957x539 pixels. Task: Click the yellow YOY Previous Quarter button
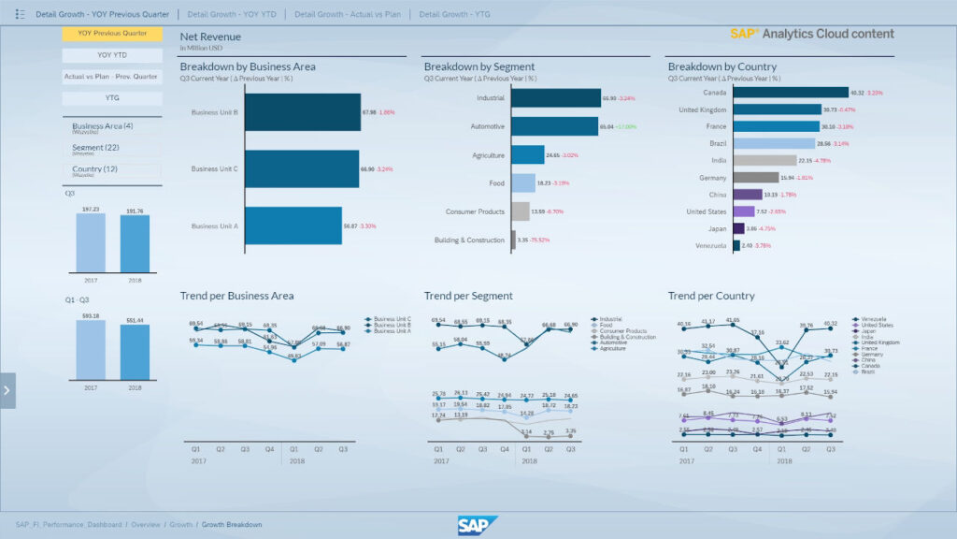point(112,34)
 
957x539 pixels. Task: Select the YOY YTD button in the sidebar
point(112,55)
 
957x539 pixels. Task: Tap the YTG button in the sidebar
point(112,98)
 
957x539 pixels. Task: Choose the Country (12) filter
point(112,170)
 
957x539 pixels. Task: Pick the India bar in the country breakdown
point(764,161)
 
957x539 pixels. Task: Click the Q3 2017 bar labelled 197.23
point(91,242)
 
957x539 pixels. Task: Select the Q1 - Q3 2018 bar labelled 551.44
point(135,352)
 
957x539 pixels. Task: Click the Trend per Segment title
point(468,296)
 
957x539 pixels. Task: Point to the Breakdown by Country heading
point(721,66)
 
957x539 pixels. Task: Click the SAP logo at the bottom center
point(478,526)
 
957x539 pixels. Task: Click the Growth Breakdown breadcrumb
point(232,525)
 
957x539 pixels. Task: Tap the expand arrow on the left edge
point(7,390)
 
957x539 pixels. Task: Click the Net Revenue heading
point(210,36)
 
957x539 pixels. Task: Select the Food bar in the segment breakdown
point(523,183)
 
